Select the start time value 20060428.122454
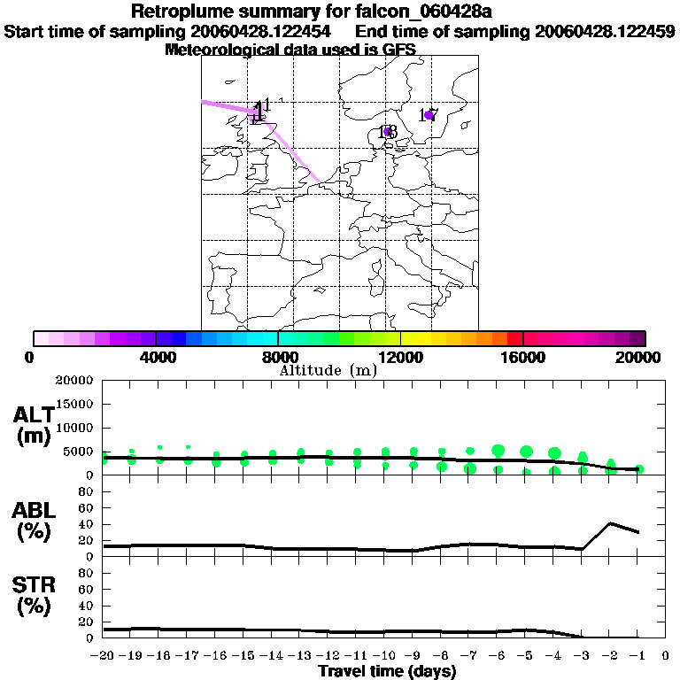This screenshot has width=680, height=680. coord(262,31)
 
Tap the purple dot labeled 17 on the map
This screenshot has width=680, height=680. coord(429,115)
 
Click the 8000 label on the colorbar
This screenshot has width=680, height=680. coord(278,357)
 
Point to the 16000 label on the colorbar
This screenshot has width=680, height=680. coord(523,357)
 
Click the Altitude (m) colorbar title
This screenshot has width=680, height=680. coord(328,370)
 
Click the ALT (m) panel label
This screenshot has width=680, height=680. coord(34,425)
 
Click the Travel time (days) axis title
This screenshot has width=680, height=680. coord(387,672)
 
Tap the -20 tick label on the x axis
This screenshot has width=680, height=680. coord(103,656)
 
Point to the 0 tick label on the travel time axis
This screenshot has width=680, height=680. coord(666,656)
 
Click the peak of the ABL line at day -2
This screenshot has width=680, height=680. coord(611,523)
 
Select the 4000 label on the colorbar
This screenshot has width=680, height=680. coord(155,357)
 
